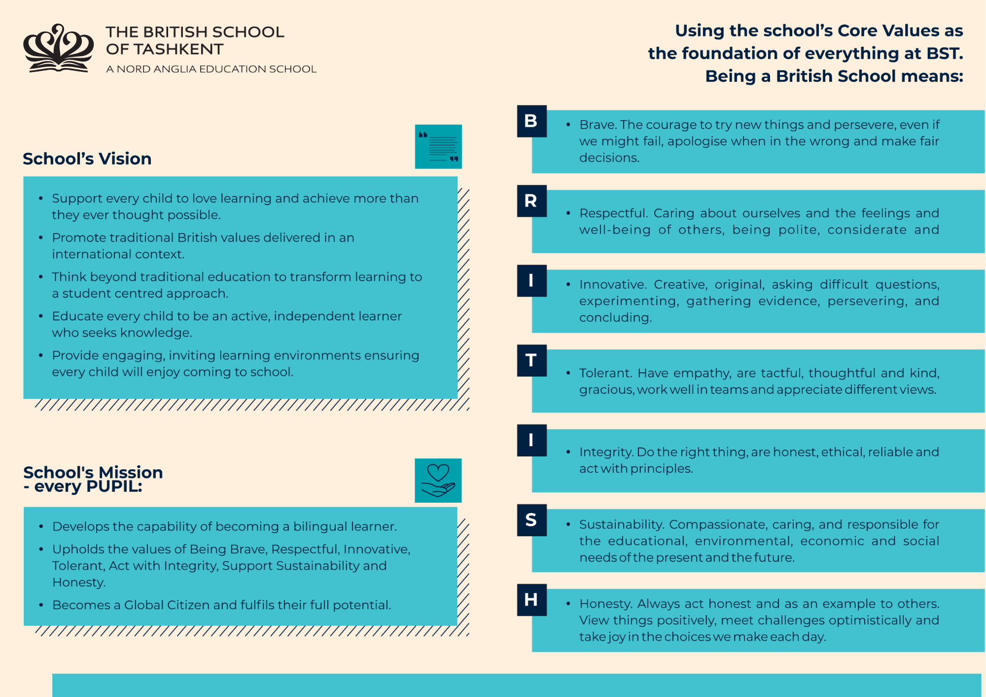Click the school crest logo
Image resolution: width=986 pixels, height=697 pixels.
coord(58,48)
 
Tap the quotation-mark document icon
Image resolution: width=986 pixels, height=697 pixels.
coord(438,146)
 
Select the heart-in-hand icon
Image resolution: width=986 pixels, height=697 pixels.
coord(438,481)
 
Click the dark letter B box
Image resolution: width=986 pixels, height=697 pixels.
coord(531,121)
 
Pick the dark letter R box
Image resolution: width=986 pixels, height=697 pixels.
coord(531,201)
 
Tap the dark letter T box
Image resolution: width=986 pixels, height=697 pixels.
coord(531,360)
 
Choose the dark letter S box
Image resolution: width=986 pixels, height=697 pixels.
coord(531,520)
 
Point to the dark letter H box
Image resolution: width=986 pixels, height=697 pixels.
coord(531,600)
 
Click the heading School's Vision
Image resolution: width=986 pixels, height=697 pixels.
coord(87,159)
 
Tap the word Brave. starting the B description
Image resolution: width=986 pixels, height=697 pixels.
coord(598,125)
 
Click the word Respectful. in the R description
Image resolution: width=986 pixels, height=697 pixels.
coord(613,213)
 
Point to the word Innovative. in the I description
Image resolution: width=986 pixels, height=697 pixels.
coord(613,285)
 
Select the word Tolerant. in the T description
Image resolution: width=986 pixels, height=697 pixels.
coord(605,373)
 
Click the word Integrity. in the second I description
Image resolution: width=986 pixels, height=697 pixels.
coord(606,453)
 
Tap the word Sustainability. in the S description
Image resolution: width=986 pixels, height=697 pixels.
coord(622,524)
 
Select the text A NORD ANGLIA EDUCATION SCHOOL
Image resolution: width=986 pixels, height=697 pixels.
coord(211,69)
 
